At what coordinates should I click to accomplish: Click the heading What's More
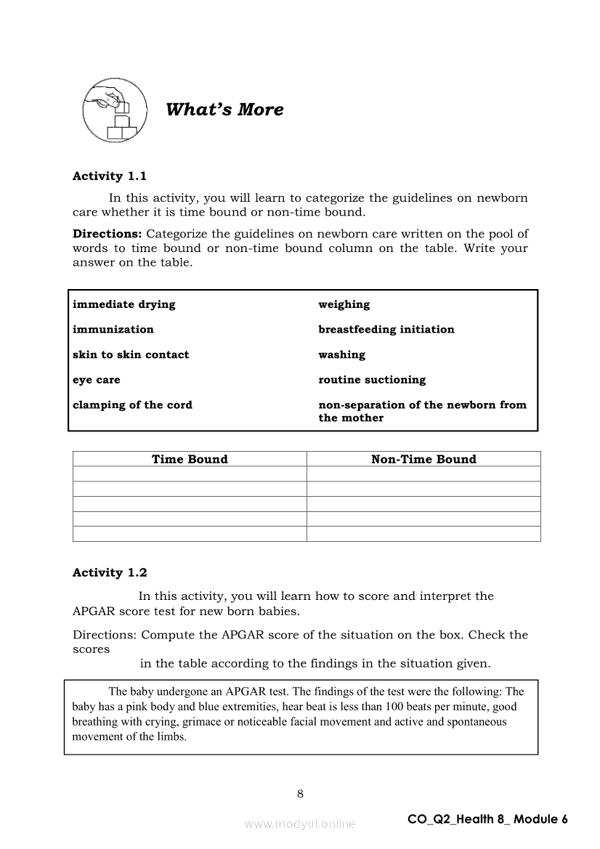[x=224, y=110]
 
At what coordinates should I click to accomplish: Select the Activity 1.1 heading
[x=110, y=176]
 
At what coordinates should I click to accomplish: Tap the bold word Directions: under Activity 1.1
[x=108, y=234]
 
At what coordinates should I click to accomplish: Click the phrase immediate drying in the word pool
[x=123, y=304]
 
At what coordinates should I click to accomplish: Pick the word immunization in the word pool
[x=113, y=329]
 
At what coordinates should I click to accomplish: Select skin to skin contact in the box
[x=131, y=354]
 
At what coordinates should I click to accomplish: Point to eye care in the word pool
[x=97, y=380]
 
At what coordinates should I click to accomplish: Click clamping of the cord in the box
[x=132, y=405]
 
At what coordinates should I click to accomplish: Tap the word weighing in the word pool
[x=344, y=304]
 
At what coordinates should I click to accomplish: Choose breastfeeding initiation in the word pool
[x=386, y=329]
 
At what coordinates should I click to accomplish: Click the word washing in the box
[x=341, y=354]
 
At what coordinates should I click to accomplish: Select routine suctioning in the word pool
[x=372, y=380]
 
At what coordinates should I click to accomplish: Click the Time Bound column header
[x=190, y=459]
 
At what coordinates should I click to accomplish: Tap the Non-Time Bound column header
[x=423, y=459]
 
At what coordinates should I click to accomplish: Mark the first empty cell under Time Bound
[x=190, y=474]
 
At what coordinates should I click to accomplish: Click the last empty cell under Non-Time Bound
[x=423, y=534]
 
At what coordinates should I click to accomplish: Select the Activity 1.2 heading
[x=110, y=572]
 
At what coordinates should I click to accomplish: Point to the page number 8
[x=300, y=793]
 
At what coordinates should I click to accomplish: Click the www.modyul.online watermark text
[x=300, y=824]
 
